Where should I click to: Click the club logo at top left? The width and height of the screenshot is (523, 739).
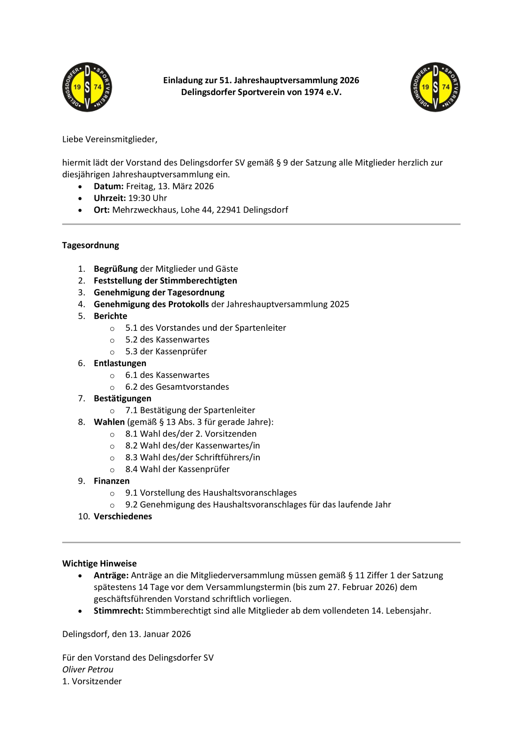[x=87, y=87]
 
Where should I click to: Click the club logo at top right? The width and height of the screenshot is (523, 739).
[x=435, y=87]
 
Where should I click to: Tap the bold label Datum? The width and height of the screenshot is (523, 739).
[x=109, y=186]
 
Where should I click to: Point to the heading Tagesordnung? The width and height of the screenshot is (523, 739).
[x=91, y=245]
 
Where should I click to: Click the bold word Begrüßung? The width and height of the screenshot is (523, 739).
[x=115, y=269]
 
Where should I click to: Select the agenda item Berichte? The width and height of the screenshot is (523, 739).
[x=110, y=316]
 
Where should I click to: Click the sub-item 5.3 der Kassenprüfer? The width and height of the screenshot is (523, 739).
[x=166, y=351]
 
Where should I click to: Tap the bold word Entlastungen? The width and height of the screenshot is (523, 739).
[x=120, y=363]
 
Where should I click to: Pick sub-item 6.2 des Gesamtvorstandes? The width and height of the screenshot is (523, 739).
[x=177, y=387]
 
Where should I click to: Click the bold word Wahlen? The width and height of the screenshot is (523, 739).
[x=109, y=422]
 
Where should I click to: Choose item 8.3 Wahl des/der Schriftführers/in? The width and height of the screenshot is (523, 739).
[x=193, y=457]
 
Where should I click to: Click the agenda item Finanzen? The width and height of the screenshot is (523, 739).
[x=112, y=481]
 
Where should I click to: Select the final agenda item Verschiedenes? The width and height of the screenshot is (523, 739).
[x=123, y=516]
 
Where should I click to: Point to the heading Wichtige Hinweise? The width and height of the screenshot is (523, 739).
[x=99, y=564]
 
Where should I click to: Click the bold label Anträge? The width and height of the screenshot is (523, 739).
[x=111, y=575]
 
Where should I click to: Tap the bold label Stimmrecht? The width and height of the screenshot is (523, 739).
[x=119, y=611]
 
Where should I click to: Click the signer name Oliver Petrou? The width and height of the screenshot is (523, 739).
[x=88, y=669]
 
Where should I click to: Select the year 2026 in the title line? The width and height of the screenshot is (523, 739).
[x=349, y=81]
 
